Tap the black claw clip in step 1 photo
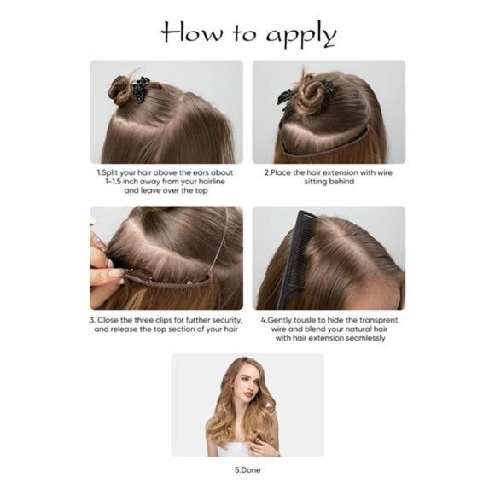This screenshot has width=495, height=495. pos(138,87)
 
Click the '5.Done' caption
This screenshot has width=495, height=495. pos(247,469)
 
